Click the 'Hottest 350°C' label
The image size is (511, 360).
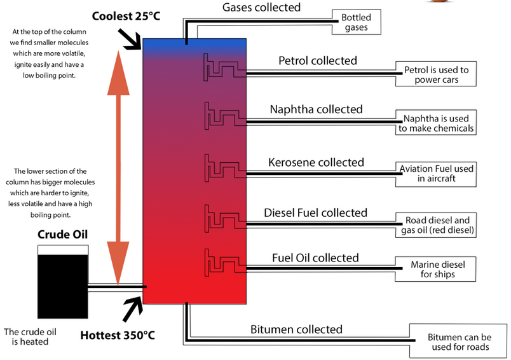(x=118, y=335)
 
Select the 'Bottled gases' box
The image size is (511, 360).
(x=356, y=22)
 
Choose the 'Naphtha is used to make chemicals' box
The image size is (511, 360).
(x=436, y=123)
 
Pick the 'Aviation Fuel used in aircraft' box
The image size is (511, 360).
(x=436, y=174)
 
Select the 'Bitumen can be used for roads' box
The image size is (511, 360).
(x=459, y=342)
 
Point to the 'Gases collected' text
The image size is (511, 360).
(x=261, y=8)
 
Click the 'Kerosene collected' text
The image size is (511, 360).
(x=315, y=162)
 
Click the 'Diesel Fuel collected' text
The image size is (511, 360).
(x=315, y=212)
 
